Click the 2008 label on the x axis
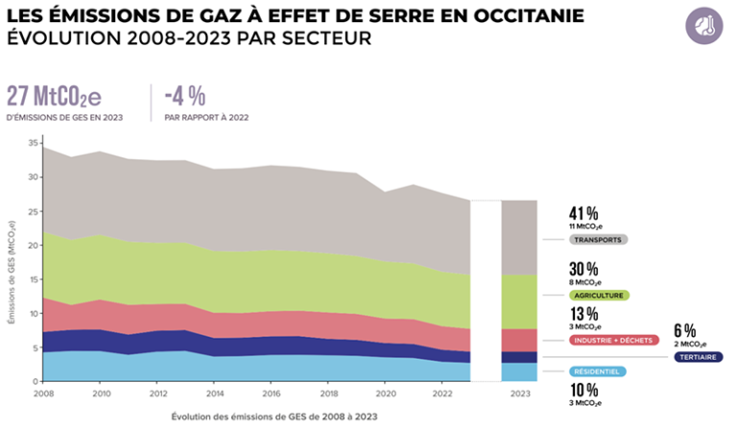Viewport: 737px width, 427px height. pos(42,393)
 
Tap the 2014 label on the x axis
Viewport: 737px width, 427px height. pos(216,393)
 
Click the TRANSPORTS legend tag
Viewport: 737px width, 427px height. pos(599,240)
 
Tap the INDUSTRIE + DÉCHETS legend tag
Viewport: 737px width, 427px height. pos(613,340)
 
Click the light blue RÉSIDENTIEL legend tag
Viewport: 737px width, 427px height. pos(598,371)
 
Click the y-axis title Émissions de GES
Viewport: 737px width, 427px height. pos(12,274)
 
